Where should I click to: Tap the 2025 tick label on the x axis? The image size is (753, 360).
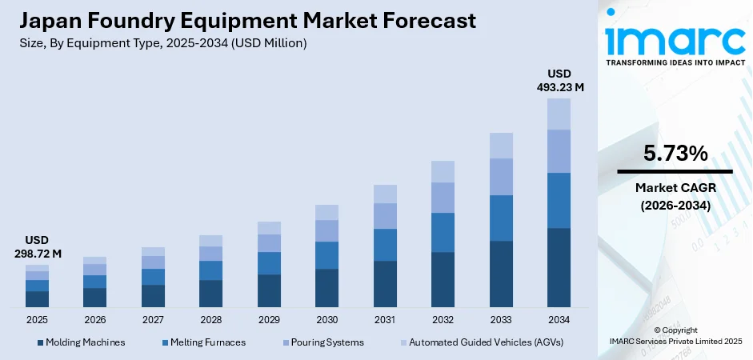pos(37,319)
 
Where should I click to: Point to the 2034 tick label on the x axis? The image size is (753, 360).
pos(559,319)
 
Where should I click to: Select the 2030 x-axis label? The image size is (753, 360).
pos(326,319)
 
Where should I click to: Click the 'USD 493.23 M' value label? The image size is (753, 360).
pos(559,81)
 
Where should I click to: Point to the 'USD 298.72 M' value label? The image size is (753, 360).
pos(37,246)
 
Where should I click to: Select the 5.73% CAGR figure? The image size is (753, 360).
pos(675,154)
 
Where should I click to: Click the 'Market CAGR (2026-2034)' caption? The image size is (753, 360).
pos(675,196)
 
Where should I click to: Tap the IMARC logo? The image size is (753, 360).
pos(675,38)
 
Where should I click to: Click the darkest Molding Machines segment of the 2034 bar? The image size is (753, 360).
pos(559,267)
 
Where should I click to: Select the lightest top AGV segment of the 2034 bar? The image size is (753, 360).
pos(559,114)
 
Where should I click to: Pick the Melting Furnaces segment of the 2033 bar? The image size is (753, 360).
pos(501,218)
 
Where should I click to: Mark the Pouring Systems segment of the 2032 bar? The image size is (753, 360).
pos(443,198)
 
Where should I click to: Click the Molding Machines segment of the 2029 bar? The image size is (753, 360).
pos(269,290)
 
